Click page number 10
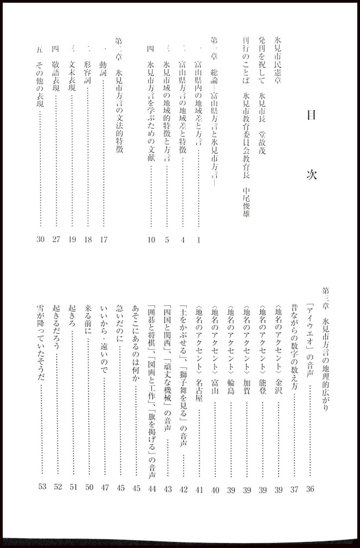tap(151, 239)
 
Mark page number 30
tap(41, 239)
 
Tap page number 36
tap(310, 489)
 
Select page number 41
tap(200, 489)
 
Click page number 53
tap(42, 489)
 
